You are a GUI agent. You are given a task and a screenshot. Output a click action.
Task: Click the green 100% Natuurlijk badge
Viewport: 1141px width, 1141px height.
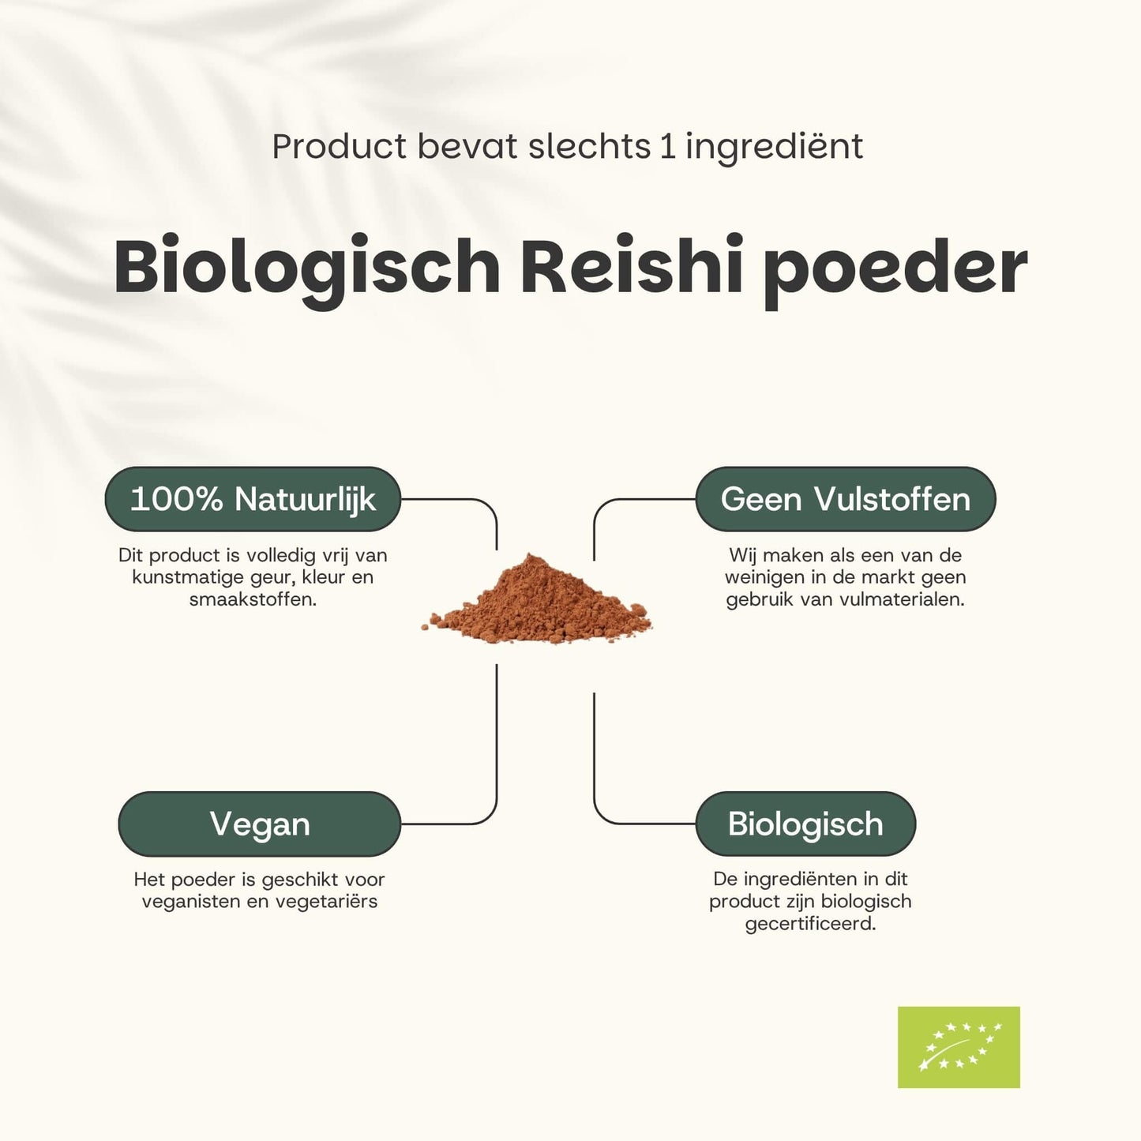pyautogui.click(x=253, y=499)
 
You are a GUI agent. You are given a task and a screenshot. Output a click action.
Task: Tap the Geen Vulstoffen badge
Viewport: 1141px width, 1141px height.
pyautogui.click(x=845, y=499)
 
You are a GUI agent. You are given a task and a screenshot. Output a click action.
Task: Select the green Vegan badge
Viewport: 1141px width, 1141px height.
pyautogui.click(x=259, y=824)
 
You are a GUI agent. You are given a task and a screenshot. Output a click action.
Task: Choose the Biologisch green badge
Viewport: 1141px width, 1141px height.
pyautogui.click(x=805, y=824)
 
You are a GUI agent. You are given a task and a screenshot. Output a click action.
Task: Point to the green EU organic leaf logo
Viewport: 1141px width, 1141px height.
pyautogui.click(x=959, y=1047)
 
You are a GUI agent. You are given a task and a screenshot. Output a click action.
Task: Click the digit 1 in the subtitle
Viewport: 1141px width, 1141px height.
pyautogui.click(x=668, y=147)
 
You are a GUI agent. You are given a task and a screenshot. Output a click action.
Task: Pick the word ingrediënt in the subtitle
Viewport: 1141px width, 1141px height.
pyautogui.click(x=774, y=148)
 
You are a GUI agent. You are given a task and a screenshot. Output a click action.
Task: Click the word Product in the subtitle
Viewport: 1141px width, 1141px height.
pyautogui.click(x=340, y=147)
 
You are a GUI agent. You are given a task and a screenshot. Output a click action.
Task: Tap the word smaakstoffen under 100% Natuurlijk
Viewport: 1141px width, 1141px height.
pyautogui.click(x=253, y=599)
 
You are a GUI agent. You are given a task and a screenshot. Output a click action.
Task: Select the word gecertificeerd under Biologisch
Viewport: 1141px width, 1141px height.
pyautogui.click(x=810, y=924)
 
